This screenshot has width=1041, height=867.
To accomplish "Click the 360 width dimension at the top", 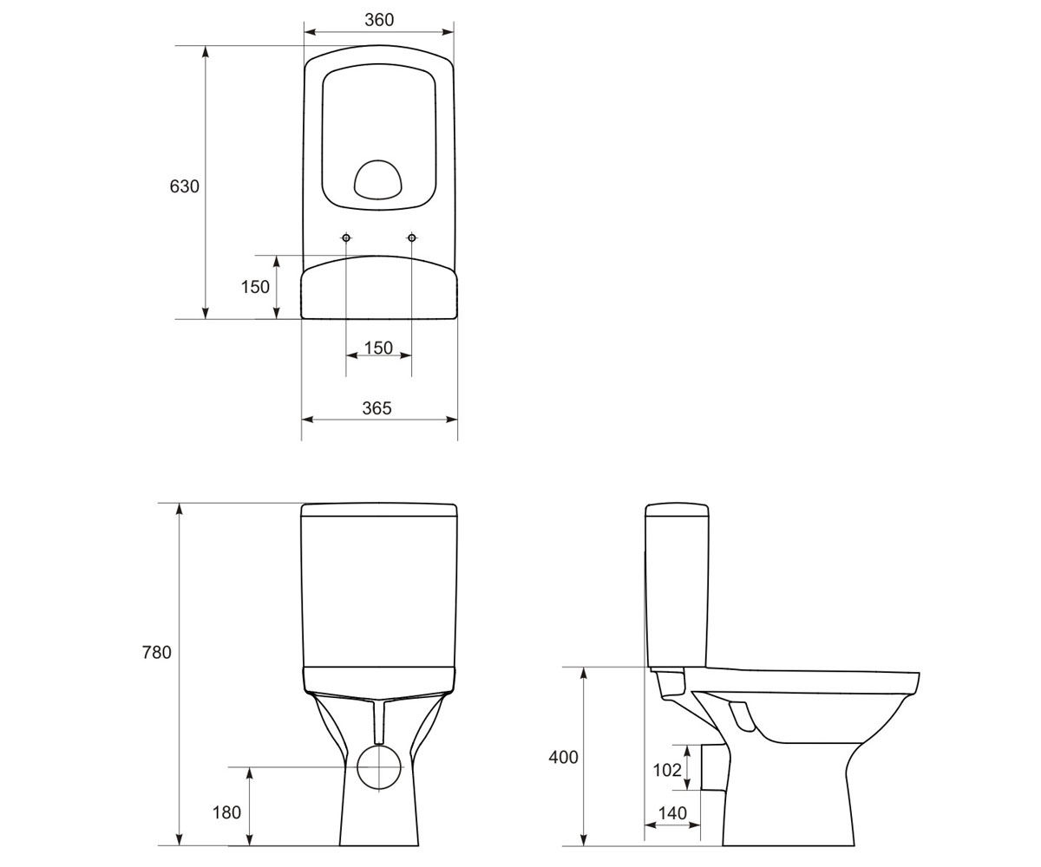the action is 379,20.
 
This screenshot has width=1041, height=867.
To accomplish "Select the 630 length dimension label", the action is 185,186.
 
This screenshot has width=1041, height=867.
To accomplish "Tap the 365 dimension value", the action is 376,408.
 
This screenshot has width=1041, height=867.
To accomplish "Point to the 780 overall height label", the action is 156,652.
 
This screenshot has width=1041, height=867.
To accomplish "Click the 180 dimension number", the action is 226,812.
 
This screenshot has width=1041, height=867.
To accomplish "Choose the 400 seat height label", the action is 563,758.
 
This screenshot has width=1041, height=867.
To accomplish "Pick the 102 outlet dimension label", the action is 667,771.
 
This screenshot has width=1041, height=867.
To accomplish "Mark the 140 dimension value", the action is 672,813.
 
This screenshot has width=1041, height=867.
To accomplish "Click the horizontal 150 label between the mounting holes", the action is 378,348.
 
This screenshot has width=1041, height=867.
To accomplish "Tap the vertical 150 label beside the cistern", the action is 255,287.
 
